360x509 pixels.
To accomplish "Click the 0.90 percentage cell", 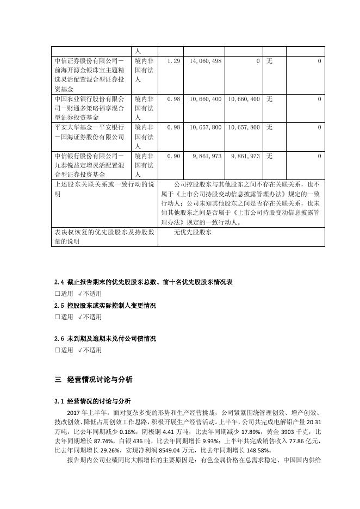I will (x=173, y=156).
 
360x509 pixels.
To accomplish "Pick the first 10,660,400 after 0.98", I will (x=206, y=100).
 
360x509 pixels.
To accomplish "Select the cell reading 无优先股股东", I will (x=193, y=232).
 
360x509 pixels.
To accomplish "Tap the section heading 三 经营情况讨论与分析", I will (x=94, y=379).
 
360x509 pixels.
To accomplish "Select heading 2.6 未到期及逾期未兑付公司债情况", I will (x=105, y=339).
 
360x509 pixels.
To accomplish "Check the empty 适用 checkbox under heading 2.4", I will (x=57, y=293).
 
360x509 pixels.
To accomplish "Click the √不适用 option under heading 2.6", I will (x=89, y=350).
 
